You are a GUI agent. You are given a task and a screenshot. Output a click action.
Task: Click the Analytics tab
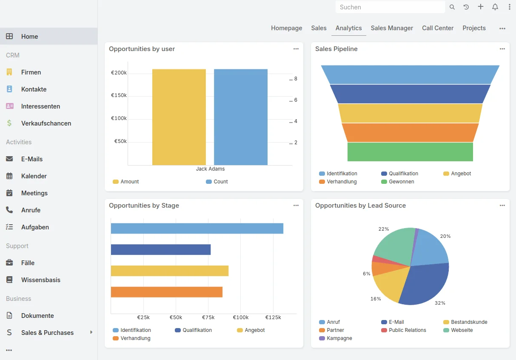point(348,28)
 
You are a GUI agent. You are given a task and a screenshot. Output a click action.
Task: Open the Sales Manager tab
point(392,28)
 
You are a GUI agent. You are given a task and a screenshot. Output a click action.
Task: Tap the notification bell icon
point(495,7)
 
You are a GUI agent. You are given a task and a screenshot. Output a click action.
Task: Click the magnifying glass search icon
point(452,7)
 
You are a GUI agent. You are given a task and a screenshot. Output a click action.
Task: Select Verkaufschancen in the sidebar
point(46,123)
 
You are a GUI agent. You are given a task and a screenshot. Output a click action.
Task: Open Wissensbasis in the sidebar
point(41,280)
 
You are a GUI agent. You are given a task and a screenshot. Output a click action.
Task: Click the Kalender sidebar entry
point(34,176)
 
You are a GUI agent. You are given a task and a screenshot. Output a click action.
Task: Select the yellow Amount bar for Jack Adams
point(179,117)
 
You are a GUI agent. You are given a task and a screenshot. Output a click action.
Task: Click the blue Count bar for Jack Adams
point(241,117)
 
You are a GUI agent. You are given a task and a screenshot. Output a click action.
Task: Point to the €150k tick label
point(119,95)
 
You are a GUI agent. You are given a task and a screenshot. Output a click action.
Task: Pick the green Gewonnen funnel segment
point(410,152)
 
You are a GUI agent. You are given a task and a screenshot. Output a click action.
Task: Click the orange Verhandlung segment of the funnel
point(410,132)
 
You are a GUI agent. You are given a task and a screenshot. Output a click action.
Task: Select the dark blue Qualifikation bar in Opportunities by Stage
point(161,250)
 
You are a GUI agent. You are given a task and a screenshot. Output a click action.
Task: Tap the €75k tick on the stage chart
point(208,317)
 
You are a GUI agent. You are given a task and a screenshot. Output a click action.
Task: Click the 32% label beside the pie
point(440,303)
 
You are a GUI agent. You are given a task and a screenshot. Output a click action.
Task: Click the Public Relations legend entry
point(404,330)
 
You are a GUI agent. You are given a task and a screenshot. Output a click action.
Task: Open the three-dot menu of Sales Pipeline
point(502,49)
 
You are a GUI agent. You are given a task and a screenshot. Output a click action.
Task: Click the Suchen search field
point(390,7)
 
